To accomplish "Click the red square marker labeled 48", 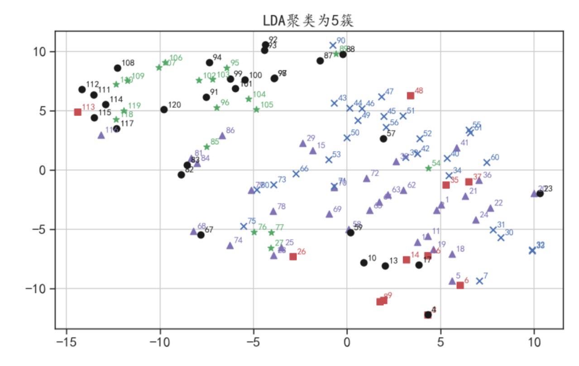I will [x=411, y=95].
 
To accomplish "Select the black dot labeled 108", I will [x=118, y=68].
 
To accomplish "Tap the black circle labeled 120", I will [x=164, y=109].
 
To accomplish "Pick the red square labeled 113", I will [x=77, y=112].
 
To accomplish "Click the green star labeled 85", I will [x=207, y=147].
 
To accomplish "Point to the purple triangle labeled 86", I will [x=222, y=135].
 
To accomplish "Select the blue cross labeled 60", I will [x=487, y=162].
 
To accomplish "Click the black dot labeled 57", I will [x=383, y=139].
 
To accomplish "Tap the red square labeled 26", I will [x=293, y=256].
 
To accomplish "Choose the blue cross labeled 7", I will [x=479, y=281].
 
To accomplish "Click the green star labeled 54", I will [x=428, y=168].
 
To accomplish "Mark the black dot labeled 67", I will [x=201, y=235].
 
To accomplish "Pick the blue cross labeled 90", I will [x=333, y=45].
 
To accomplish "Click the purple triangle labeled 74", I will [x=230, y=246].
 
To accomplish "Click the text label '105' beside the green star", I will [x=267, y=105].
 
